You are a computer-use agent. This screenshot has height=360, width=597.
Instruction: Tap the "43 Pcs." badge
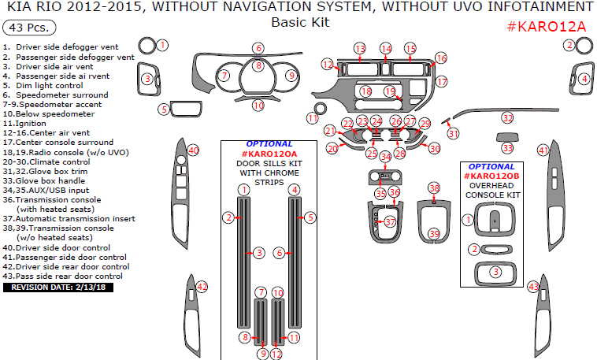point(29,28)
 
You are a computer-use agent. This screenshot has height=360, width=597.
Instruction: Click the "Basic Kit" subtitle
point(300,22)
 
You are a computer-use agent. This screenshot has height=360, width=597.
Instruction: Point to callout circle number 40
point(193,150)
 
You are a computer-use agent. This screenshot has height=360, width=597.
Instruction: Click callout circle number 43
point(533,286)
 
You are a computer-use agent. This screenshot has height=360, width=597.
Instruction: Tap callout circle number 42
point(202,286)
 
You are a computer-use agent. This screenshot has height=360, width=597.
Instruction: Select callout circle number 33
point(508,148)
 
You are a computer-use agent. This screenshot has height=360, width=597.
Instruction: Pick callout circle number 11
point(312,117)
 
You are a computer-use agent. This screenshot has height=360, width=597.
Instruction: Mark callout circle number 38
point(434,188)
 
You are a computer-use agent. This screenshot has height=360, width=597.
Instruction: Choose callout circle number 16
point(440,58)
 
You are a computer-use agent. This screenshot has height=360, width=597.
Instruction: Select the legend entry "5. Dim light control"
point(43,86)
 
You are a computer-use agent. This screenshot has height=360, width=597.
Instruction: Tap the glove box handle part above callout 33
point(507,135)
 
